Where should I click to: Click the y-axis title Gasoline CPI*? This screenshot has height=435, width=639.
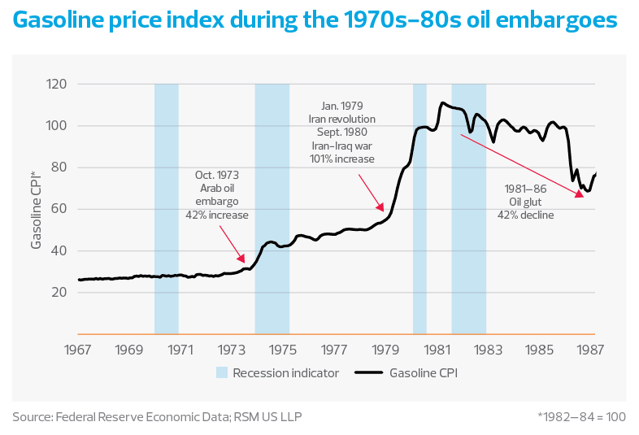tap(36, 209)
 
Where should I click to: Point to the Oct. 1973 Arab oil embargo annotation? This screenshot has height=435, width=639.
tap(221, 195)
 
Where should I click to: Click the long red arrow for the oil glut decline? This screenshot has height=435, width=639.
tap(520, 166)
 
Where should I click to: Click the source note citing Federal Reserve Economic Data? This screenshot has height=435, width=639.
tap(161, 416)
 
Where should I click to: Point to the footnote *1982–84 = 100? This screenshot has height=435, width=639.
tap(580, 416)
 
